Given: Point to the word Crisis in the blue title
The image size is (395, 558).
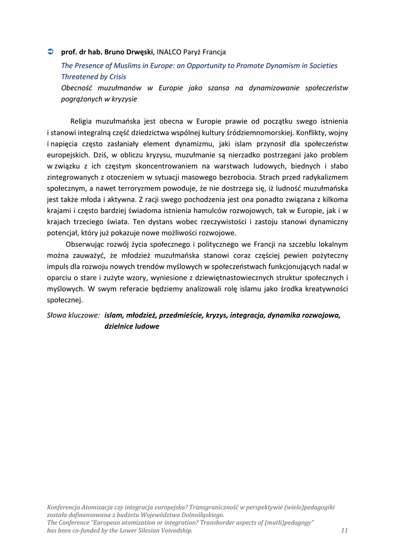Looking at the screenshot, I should tap(115, 77).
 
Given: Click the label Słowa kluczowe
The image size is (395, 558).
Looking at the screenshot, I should tap(74, 315).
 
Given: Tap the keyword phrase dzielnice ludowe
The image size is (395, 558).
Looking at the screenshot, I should tap(131, 326).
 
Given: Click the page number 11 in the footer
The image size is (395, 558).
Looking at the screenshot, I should tap(344, 530).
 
